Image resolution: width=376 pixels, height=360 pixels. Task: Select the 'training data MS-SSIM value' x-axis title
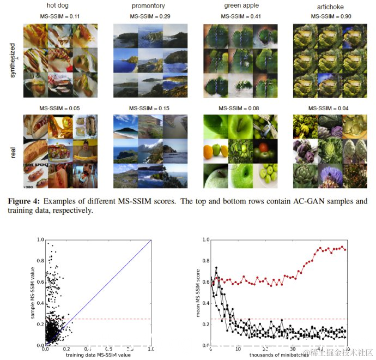tap(98, 356)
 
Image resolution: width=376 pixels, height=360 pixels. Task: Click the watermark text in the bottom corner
tap(339, 352)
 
